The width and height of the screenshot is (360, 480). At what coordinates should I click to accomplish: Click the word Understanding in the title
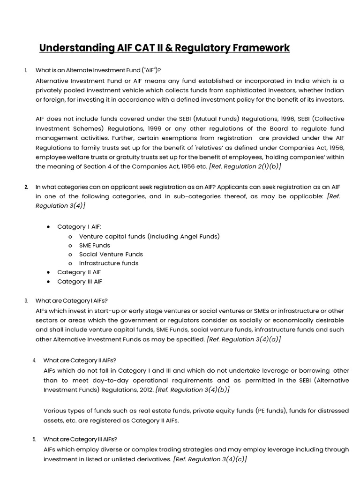[x=77, y=48]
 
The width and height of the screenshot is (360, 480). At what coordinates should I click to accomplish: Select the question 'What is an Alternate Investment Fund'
[x=98, y=70]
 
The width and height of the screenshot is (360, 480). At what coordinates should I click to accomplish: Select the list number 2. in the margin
[x=26, y=187]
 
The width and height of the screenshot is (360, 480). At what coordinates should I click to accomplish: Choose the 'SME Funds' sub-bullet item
[x=95, y=245]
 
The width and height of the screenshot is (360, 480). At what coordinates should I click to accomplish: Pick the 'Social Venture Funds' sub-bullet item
[x=111, y=254]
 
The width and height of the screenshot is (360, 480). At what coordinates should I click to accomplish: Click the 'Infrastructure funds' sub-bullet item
[x=109, y=263]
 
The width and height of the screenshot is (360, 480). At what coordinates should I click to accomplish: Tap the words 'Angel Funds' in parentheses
[x=198, y=236]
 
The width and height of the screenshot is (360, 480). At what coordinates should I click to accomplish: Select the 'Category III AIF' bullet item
[x=80, y=281]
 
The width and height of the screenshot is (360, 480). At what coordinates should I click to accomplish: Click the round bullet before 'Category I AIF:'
[x=48, y=227]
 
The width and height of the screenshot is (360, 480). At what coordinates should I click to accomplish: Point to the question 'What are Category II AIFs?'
[x=80, y=360]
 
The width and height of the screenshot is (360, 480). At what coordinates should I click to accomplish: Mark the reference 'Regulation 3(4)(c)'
[x=210, y=459]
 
